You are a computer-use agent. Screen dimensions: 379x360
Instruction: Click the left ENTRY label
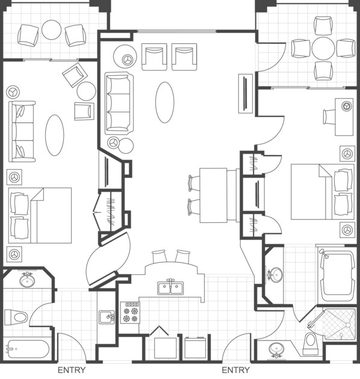pyautogui.click(x=71, y=370)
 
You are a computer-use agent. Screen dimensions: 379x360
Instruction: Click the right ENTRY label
pyautogui.click(x=236, y=370)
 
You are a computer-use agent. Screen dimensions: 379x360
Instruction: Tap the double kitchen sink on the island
pyautogui.click(x=171, y=287)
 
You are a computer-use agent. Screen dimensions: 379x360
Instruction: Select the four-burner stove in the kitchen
pyautogui.click(x=131, y=312)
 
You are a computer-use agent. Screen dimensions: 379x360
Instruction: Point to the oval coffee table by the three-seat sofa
pyautogui.click(x=166, y=102)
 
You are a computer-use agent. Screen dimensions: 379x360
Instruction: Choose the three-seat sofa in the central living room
pyautogui.click(x=119, y=102)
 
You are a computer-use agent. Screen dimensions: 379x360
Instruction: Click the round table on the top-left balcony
pyautogui.click(x=51, y=30)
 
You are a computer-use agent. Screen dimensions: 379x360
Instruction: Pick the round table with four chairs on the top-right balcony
pyautogui.click(x=323, y=48)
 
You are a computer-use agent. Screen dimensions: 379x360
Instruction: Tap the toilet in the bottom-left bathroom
pyautogui.click(x=17, y=316)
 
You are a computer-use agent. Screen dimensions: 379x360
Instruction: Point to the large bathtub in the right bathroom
pyautogui.click(x=337, y=277)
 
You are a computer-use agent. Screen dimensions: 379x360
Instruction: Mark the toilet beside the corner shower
pyautogui.click(x=311, y=342)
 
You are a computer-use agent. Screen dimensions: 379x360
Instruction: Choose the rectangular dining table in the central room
pyautogui.click(x=213, y=194)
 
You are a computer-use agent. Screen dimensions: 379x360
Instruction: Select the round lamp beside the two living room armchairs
pyautogui.click(x=128, y=60)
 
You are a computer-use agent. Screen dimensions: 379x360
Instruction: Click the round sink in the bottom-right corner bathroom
pyautogui.click(x=277, y=349)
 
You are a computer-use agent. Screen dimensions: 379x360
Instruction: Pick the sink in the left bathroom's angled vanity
pyautogui.click(x=26, y=280)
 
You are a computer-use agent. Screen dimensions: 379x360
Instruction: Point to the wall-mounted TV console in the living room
pyautogui.click(x=246, y=93)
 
